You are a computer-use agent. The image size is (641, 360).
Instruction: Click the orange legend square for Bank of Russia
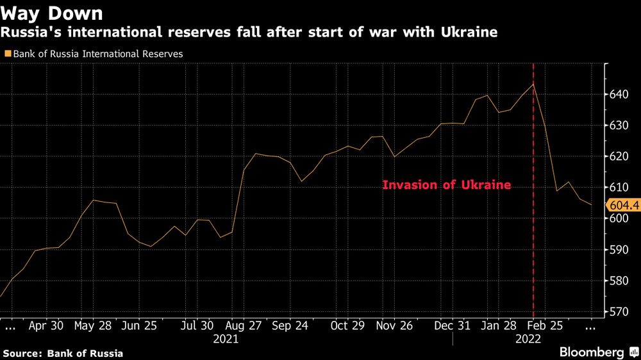pos(8,54)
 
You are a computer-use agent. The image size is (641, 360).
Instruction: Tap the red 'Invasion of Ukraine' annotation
pos(447,185)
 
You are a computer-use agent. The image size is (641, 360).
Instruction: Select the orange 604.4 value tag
pos(622,205)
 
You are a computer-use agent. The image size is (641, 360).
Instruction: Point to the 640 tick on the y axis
pos(619,95)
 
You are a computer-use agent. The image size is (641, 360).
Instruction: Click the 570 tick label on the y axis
pos(619,312)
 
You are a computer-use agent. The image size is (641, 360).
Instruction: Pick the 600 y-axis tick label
pos(619,218)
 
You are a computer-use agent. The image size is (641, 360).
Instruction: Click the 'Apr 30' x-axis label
pos(46,325)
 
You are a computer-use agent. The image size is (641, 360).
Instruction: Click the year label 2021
pos(225,340)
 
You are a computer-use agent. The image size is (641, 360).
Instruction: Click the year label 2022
pos(528,340)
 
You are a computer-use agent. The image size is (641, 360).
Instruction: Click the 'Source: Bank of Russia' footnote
pos(63,353)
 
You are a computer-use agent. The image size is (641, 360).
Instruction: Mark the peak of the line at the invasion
pos(533,84)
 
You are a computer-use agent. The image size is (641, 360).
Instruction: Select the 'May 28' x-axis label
pos(92,325)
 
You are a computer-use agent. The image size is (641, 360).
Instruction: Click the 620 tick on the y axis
pos(619,156)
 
